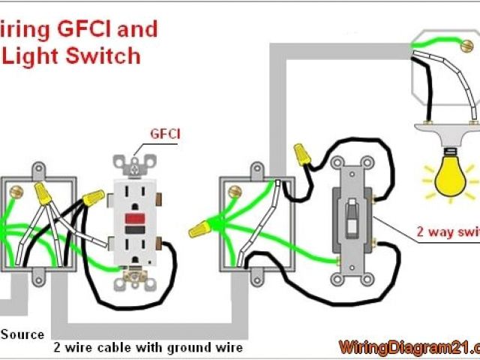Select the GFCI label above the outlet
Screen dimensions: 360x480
point(165,134)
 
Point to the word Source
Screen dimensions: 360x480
point(22,334)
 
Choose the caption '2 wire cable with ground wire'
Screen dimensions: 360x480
point(147,348)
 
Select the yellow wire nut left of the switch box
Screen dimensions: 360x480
point(199,229)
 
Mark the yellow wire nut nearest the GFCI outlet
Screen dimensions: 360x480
point(94,198)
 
